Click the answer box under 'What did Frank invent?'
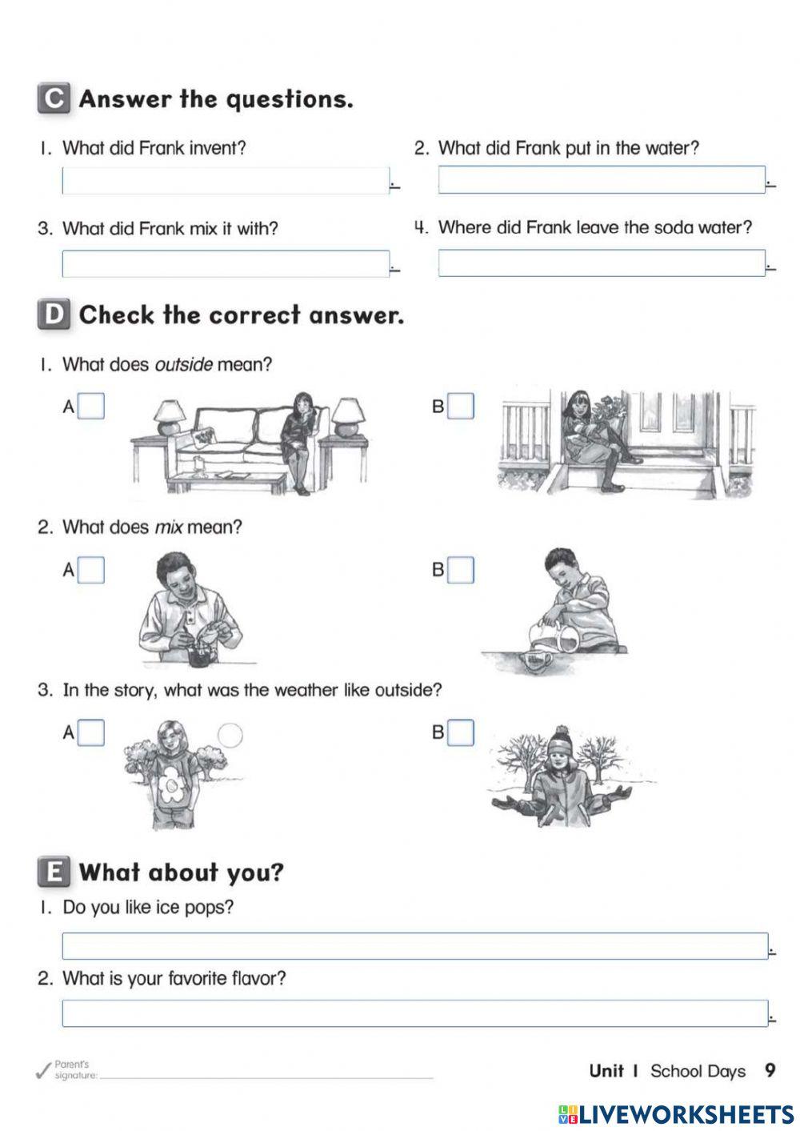click(226, 181)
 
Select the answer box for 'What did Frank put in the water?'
click(602, 180)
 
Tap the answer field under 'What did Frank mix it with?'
click(226, 264)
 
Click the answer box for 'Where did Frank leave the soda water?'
click(602, 263)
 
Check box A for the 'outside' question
click(91, 407)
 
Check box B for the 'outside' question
click(460, 407)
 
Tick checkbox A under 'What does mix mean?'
click(91, 570)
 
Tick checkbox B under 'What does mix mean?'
click(460, 570)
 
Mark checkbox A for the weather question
click(91, 732)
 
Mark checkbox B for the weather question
click(460, 732)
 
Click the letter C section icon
click(54, 98)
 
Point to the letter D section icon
click(54, 315)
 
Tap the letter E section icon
click(54, 872)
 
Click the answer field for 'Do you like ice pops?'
click(414, 946)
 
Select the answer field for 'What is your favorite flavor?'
click(414, 1013)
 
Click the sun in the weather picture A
click(230, 736)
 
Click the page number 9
click(770, 1071)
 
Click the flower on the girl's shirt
click(171, 787)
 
